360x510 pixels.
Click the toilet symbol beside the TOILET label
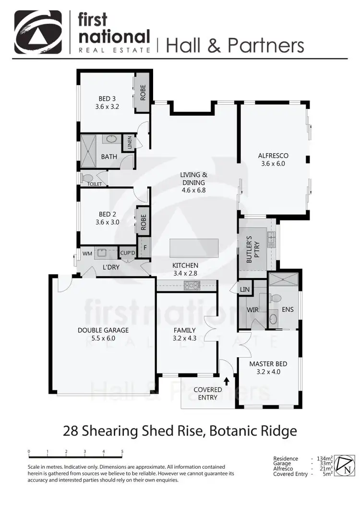[87, 178]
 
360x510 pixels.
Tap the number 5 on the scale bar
[122, 451]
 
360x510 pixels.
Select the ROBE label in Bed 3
[143, 92]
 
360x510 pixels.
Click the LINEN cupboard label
[129, 142]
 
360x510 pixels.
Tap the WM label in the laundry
[87, 253]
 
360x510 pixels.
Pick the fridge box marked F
[144, 248]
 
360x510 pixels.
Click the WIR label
[252, 311]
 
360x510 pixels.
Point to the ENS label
[288, 310]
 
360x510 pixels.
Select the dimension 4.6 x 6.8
[193, 190]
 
